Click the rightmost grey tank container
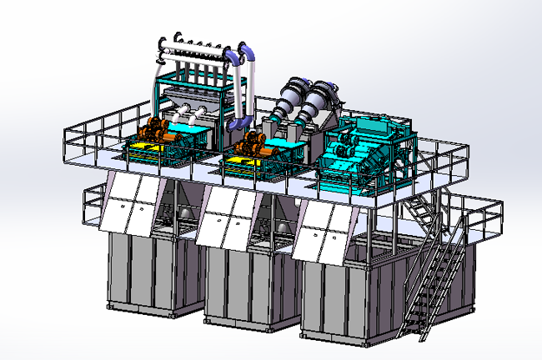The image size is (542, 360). pos(342,296)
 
